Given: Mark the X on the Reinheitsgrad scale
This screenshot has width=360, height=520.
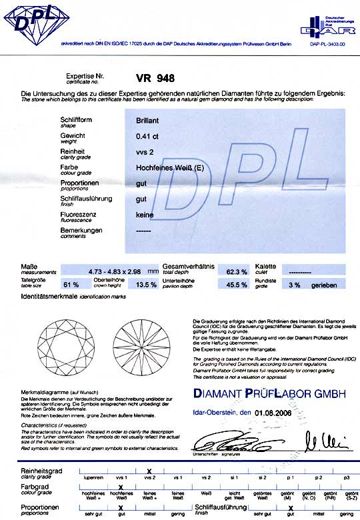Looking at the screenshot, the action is [149, 471].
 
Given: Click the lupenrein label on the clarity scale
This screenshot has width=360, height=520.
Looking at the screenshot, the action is [92, 478].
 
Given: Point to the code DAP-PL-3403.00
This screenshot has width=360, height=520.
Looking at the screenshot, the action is [328, 44].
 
